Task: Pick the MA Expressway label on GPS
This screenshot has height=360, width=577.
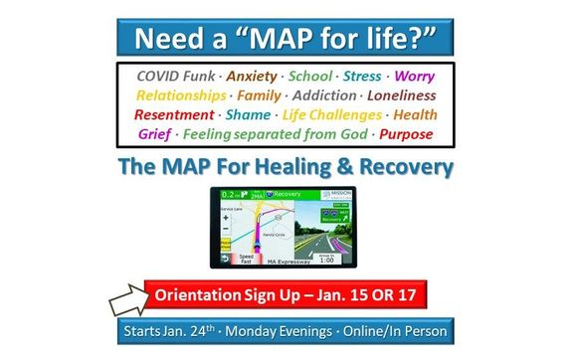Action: tap(288, 263)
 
